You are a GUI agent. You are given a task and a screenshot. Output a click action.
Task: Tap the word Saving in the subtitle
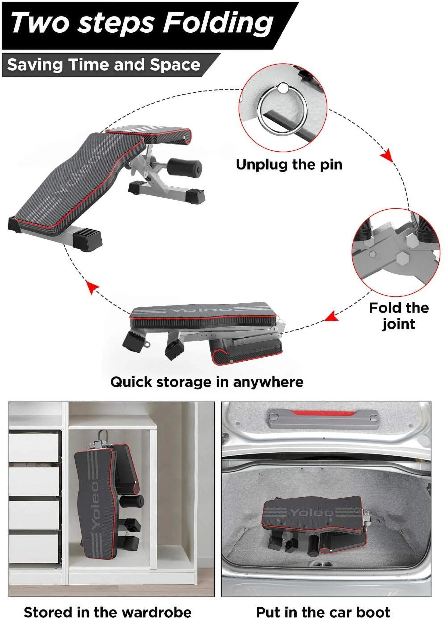pos(35,65)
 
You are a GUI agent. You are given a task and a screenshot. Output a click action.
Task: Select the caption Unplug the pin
pos(289,165)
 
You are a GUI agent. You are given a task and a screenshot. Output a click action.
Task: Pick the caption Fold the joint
pos(398,316)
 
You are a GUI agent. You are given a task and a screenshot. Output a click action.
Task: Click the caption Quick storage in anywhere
pos(207,382)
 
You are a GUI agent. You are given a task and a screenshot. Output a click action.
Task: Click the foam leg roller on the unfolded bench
pos(184,166)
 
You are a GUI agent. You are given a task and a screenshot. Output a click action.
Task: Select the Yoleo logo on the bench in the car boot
pos(311,512)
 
